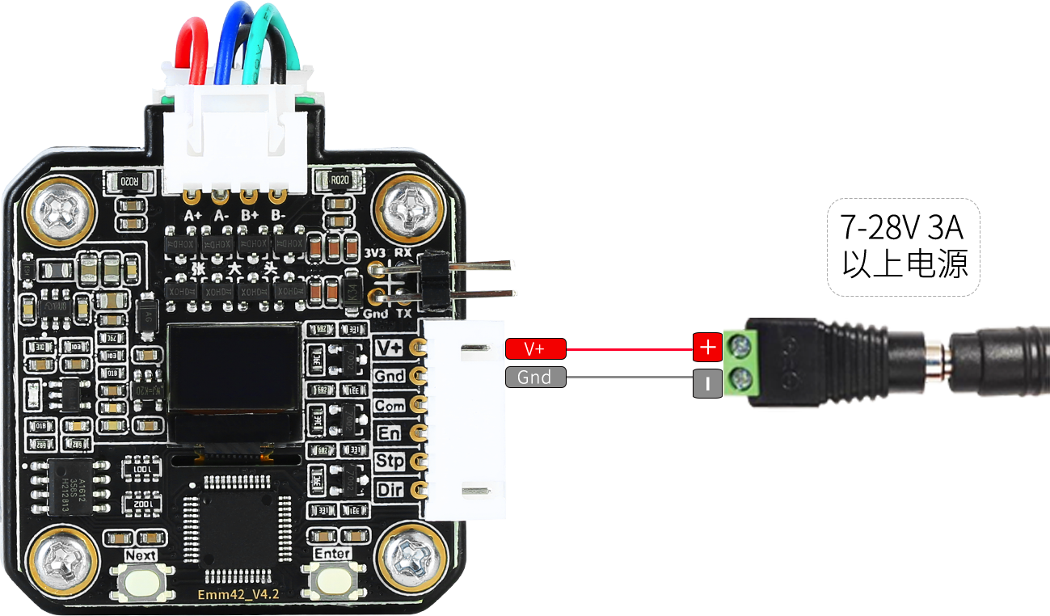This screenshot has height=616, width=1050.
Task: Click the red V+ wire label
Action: click(535, 348)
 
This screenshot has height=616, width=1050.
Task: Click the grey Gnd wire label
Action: click(535, 377)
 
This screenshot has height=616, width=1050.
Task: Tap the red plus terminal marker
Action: click(707, 347)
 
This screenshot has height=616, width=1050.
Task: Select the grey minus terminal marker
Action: click(707, 384)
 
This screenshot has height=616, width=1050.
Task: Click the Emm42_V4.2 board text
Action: click(238, 595)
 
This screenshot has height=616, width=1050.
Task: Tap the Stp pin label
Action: click(390, 462)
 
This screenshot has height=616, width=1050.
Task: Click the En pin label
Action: click(390, 433)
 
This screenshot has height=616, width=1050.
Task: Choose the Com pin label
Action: click(390, 405)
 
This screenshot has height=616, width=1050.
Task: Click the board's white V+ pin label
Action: click(390, 348)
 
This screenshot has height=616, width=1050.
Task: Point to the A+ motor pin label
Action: click(193, 216)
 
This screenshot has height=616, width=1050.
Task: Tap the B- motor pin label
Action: click(278, 216)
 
